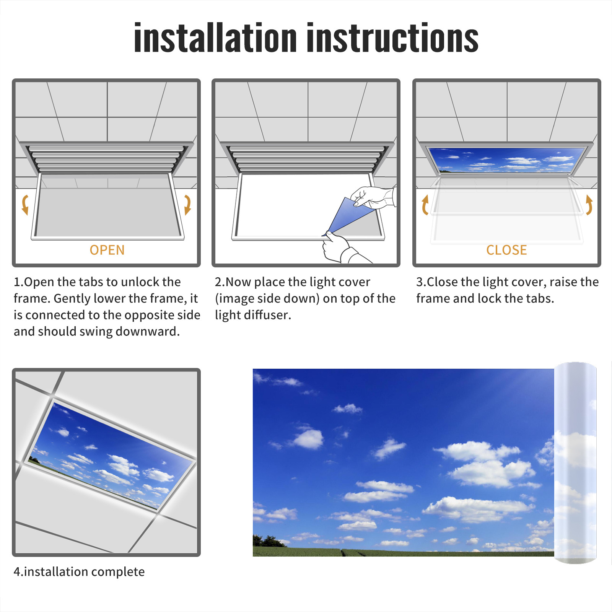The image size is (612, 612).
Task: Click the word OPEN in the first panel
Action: tap(107, 250)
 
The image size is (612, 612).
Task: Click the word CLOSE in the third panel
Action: tap(506, 250)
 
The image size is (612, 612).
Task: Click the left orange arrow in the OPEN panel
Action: tap(25, 205)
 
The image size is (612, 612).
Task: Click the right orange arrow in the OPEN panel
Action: tap(187, 205)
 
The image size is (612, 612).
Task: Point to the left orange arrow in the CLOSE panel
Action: tap(425, 205)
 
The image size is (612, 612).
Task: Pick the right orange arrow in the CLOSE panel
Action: tap(589, 205)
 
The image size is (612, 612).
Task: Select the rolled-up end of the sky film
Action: tap(575, 463)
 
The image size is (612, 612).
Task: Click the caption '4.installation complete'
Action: tap(79, 571)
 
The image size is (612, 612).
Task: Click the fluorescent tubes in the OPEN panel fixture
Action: tap(106, 159)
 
